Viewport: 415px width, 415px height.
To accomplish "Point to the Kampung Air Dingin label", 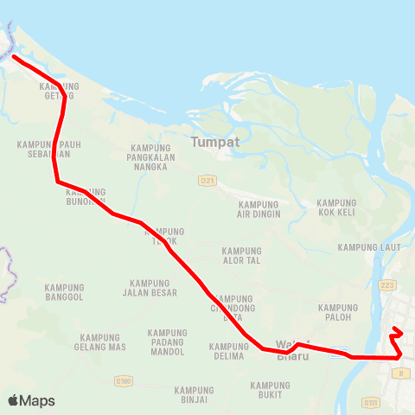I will pyautogui.click(x=258, y=210).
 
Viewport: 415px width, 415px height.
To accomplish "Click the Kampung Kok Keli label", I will pyautogui.click(x=337, y=207).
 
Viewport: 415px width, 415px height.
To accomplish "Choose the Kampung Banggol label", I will pyautogui.click(x=65, y=292).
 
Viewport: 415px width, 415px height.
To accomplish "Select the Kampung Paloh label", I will pyautogui.click(x=338, y=312).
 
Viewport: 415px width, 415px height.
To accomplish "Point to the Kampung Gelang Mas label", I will pyautogui.click(x=103, y=342).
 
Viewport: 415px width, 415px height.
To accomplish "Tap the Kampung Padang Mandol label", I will pyautogui.click(x=168, y=342).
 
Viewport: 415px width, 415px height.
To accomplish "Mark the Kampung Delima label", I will pyautogui.click(x=229, y=351).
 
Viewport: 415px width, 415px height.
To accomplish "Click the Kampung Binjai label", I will pyautogui.click(x=194, y=394).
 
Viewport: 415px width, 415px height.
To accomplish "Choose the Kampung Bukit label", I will pyautogui.click(x=270, y=390).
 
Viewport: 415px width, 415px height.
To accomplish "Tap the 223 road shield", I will pyautogui.click(x=387, y=284).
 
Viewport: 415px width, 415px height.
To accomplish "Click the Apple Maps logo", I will pyautogui.click(x=31, y=400).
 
